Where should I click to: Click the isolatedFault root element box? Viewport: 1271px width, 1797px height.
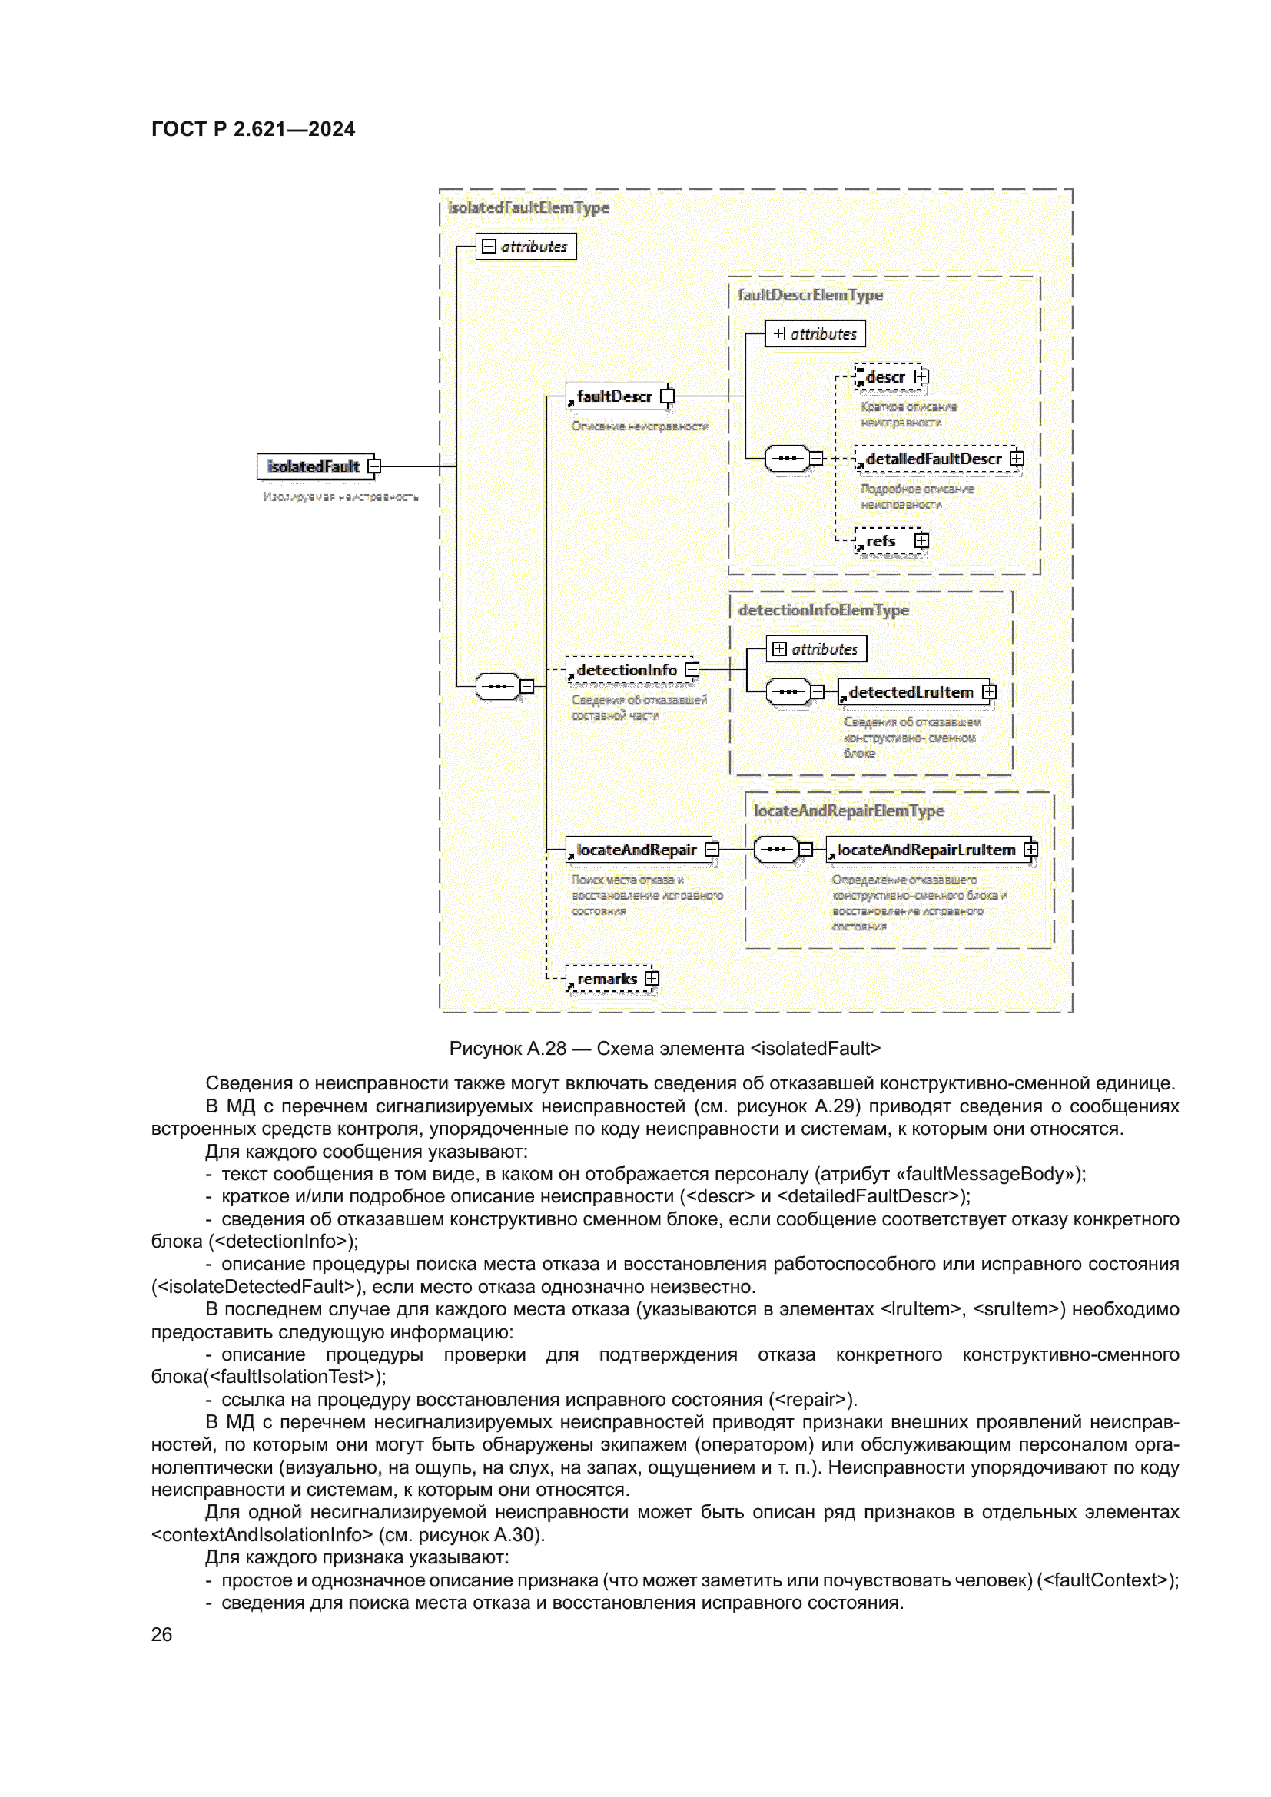[314, 466]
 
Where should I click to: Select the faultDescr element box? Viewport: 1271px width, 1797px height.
[615, 396]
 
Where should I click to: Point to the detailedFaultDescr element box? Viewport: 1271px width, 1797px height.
[933, 459]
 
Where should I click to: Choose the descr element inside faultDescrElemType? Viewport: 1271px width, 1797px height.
[885, 377]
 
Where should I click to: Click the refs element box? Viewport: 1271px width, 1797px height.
[881, 541]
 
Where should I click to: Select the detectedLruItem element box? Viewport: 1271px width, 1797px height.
[911, 693]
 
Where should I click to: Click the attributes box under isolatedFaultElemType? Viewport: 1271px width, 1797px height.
[526, 247]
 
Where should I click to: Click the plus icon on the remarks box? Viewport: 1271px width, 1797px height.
[652, 978]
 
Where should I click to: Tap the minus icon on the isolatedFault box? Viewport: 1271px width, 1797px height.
[374, 466]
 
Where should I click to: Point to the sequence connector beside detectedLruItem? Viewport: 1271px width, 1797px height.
[788, 692]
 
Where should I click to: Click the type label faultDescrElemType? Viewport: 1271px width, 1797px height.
[810, 295]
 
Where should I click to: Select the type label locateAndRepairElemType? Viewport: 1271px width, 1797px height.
[848, 811]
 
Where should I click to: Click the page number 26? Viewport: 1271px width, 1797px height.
[161, 1634]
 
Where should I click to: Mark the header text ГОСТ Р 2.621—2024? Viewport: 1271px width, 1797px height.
[253, 129]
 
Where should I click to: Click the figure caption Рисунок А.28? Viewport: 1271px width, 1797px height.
[665, 1049]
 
